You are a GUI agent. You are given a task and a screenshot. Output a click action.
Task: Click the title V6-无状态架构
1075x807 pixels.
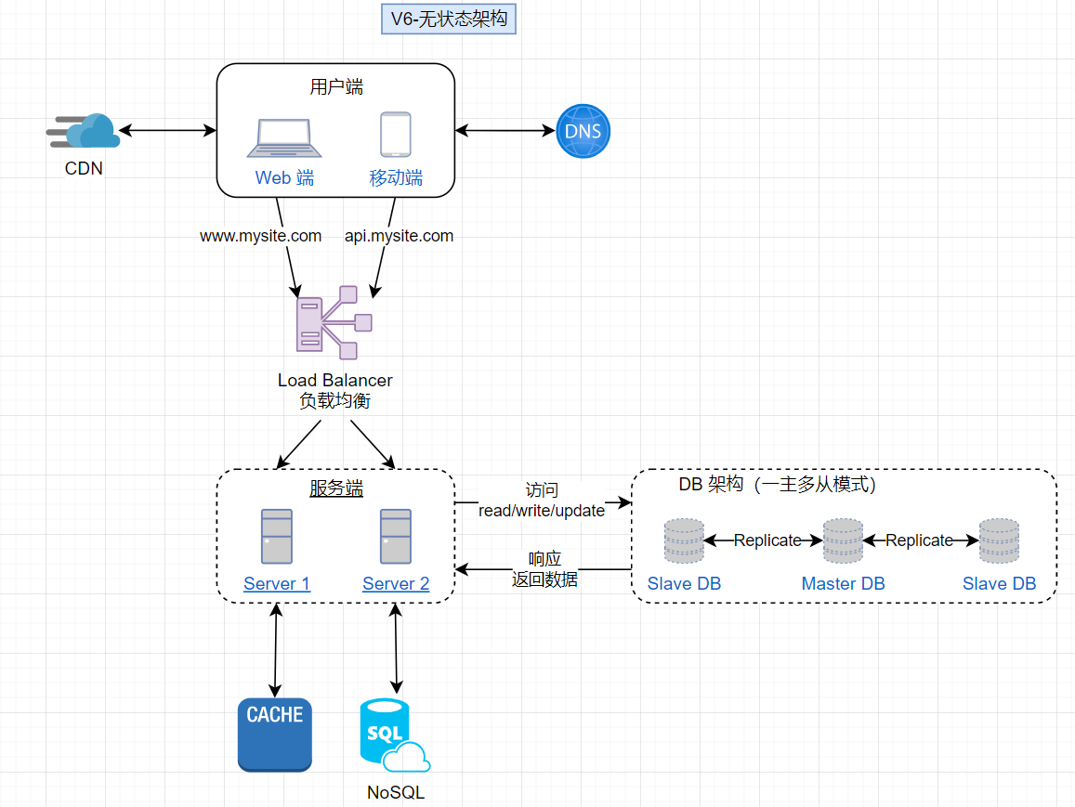449,20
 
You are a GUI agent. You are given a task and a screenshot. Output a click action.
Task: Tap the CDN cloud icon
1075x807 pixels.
86,131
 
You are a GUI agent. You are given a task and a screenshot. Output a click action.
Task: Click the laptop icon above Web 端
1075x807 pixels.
284,137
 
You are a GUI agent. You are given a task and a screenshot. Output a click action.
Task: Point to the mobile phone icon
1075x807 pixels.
395,135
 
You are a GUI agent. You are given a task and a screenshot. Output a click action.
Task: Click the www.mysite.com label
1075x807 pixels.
261,236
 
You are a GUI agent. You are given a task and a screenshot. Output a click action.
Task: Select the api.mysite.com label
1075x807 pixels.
400,236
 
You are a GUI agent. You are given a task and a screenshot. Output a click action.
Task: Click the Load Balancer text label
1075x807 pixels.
335,380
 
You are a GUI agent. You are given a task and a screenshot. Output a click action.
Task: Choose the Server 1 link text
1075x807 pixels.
277,584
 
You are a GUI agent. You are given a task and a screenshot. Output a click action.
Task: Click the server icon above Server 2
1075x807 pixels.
396,536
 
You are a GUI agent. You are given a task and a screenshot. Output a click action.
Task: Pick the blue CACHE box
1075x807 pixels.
275,735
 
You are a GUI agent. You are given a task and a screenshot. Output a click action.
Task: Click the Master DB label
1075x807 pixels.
844,584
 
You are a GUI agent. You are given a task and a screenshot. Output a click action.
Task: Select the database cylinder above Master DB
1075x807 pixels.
843,540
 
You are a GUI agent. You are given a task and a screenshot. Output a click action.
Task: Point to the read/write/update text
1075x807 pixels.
542,511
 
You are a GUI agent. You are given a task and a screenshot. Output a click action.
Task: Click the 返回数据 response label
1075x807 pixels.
544,579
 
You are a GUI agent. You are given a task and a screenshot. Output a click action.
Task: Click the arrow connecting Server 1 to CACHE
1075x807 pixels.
275,650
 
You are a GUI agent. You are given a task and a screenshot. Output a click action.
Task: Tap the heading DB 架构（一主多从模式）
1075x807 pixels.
778,485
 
